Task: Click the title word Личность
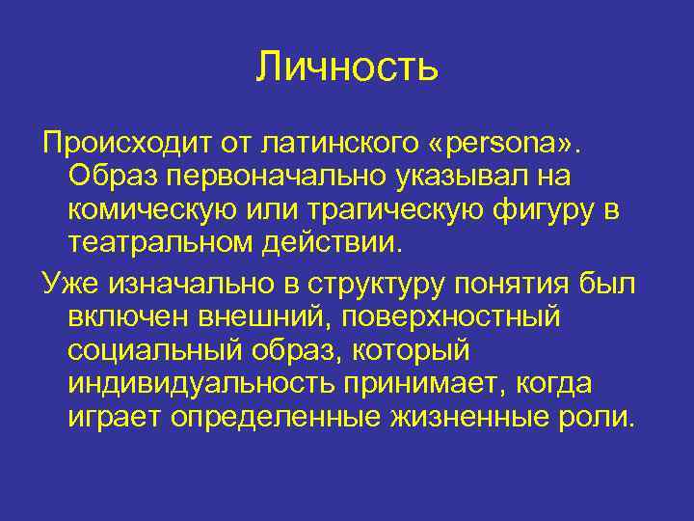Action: coord(347,67)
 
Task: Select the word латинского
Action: coord(351,144)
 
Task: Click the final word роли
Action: coord(602,417)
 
